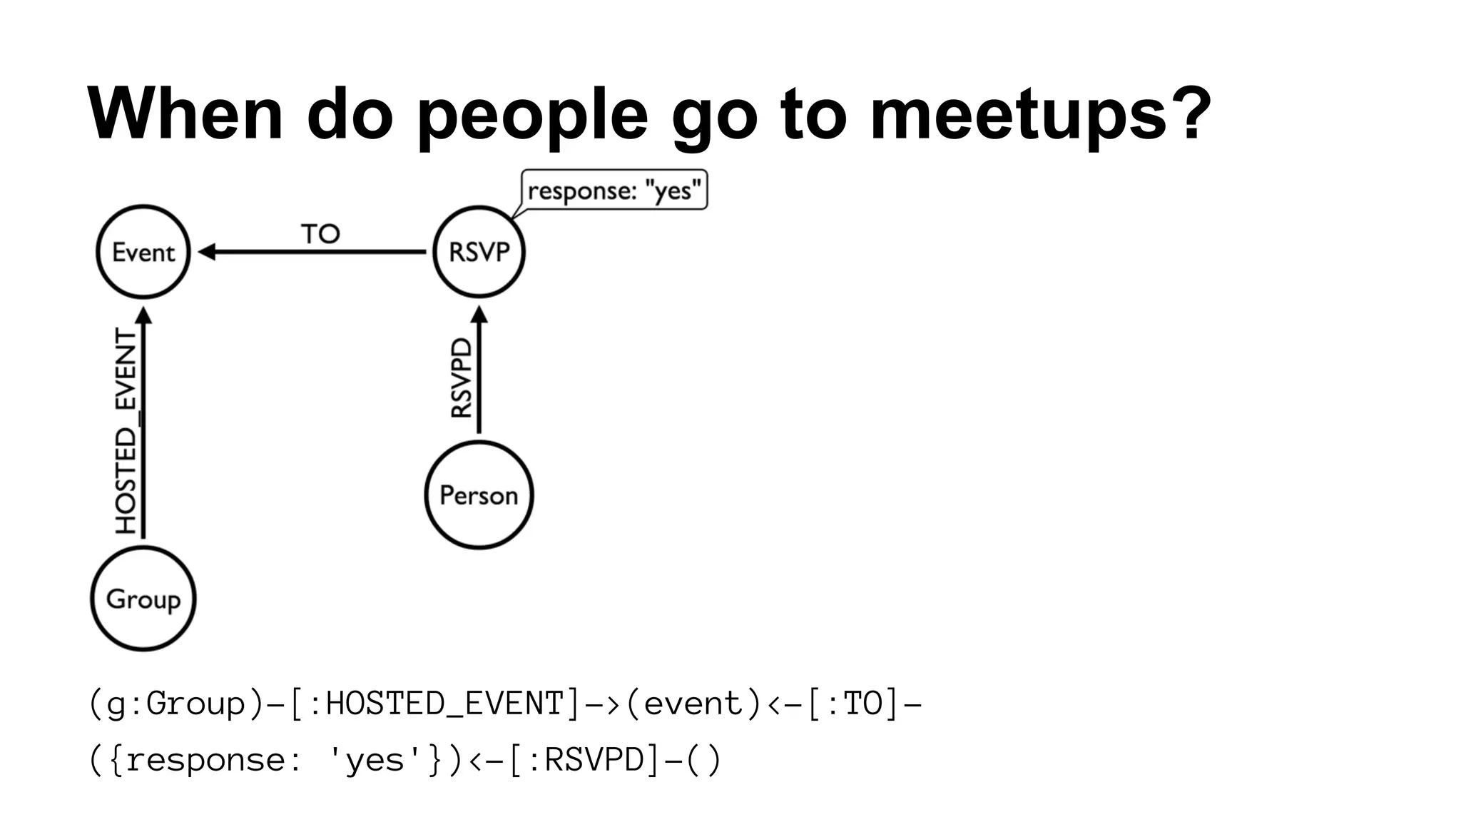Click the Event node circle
point(143,252)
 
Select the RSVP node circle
point(479,252)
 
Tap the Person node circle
point(479,494)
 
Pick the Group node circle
point(143,598)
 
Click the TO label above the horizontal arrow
point(320,233)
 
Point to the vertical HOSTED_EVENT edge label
point(126,431)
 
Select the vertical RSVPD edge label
point(462,377)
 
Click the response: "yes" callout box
point(614,190)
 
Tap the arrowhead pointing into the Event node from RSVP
point(206,252)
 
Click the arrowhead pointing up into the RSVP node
point(479,314)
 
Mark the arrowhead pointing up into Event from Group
point(144,315)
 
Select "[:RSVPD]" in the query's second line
point(584,759)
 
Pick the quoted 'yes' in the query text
point(375,759)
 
